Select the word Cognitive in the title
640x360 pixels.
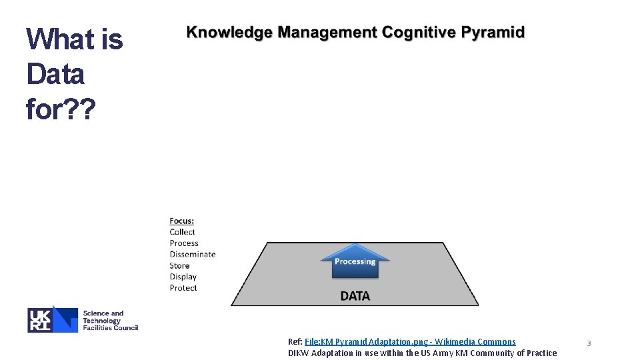[x=413, y=33]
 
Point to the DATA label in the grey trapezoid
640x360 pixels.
[x=355, y=295]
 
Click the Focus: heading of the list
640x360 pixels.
[x=182, y=221]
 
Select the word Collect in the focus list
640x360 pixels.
[x=182, y=232]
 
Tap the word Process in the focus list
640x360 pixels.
[x=184, y=243]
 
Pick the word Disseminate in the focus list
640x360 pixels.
[x=193, y=254]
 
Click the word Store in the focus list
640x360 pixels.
[x=179, y=265]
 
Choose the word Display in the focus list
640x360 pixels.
[x=183, y=277]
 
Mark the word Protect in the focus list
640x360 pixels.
[x=183, y=288]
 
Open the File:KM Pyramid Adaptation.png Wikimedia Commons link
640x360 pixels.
[x=410, y=342]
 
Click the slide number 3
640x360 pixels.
[x=589, y=343]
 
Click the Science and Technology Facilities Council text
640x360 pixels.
[x=110, y=320]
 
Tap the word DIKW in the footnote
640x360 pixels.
[x=299, y=353]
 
